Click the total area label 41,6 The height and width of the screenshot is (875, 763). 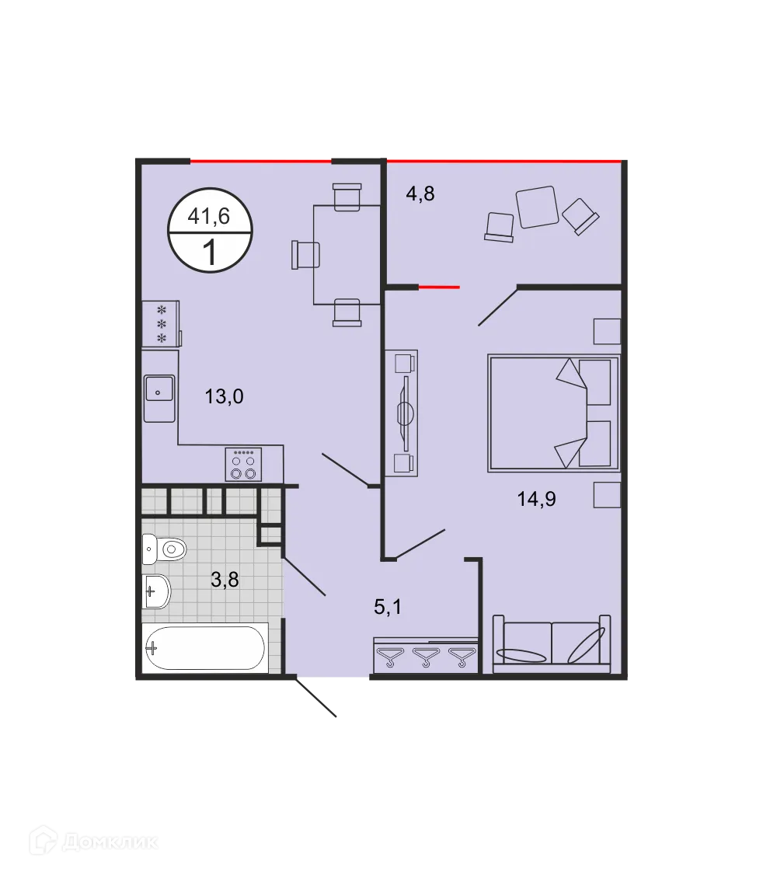(x=209, y=217)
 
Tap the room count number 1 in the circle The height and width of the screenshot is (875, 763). (x=209, y=253)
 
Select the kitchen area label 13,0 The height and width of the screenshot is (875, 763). (x=224, y=397)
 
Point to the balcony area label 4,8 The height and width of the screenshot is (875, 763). (x=420, y=193)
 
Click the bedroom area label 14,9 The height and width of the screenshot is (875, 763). (x=536, y=499)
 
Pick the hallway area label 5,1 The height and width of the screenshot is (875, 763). (x=388, y=607)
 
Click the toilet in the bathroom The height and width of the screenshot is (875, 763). (x=165, y=550)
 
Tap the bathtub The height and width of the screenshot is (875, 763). (x=205, y=647)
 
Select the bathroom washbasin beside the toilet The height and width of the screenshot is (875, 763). (x=156, y=592)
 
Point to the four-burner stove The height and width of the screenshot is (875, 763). (x=243, y=465)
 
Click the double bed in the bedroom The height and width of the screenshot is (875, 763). (x=553, y=413)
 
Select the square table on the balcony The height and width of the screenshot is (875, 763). (x=538, y=207)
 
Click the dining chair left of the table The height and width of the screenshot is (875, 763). (x=306, y=255)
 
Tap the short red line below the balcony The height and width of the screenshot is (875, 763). (x=439, y=287)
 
